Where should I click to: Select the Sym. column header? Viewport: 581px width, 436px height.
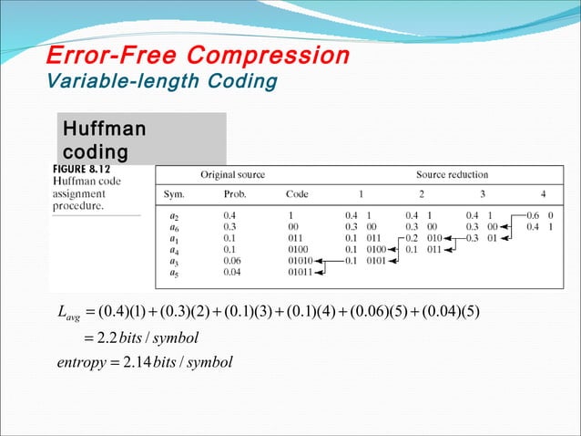[x=174, y=194]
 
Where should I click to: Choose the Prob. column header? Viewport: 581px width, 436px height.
[x=234, y=194]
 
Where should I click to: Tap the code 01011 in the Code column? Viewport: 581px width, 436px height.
[x=300, y=271]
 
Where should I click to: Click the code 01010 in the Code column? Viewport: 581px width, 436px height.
[x=300, y=260]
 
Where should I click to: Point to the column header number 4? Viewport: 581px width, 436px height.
[x=544, y=194]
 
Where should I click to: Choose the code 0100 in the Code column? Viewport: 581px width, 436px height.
[x=297, y=248]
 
